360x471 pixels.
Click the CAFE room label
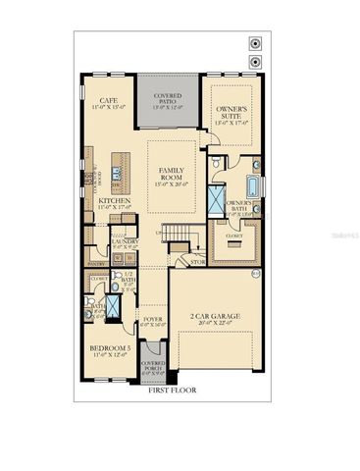tap(109, 98)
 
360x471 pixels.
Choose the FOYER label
tap(153, 319)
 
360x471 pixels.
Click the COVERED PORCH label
tap(154, 366)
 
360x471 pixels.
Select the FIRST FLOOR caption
tap(172, 390)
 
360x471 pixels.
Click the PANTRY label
tap(96, 263)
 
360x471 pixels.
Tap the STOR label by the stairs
tap(197, 262)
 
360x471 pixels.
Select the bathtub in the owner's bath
tap(253, 186)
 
